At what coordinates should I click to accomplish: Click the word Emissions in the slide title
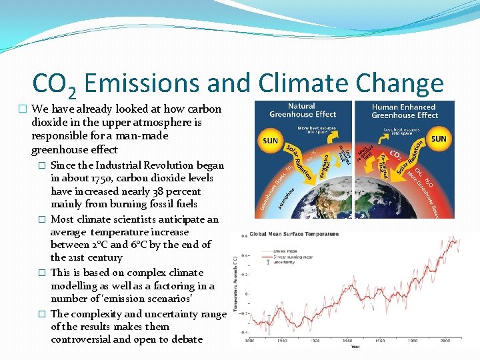(142, 83)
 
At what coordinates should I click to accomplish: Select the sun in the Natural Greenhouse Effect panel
(271, 141)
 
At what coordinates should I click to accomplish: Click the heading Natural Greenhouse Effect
(302, 111)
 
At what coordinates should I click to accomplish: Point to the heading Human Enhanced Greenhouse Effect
(405, 111)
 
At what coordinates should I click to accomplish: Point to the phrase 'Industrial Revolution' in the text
(141, 165)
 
